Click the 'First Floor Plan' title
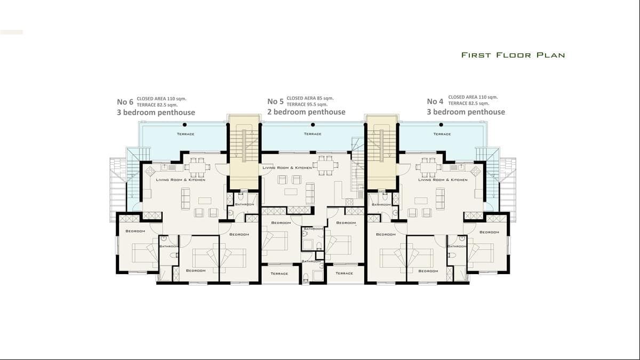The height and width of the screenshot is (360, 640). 513,55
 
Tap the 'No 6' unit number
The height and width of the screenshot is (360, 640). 125,102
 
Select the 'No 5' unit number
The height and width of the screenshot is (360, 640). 275,101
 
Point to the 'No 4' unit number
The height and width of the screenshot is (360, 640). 435,101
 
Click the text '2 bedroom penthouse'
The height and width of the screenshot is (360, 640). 306,112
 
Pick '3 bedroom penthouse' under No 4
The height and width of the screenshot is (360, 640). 466,112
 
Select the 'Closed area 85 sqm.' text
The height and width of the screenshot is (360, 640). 310,98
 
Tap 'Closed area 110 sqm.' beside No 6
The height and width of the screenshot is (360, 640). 162,99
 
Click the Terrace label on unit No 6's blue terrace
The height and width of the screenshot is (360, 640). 186,134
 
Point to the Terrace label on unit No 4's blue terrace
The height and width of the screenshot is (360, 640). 442,134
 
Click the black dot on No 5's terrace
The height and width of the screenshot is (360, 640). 313,125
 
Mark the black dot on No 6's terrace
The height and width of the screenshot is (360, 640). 185,125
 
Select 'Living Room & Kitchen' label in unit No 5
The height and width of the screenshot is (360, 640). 287,168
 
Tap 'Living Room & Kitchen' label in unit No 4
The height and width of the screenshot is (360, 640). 443,180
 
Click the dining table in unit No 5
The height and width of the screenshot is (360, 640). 324,165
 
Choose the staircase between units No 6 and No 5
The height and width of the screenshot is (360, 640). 244,144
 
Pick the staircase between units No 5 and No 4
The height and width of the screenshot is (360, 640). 381,144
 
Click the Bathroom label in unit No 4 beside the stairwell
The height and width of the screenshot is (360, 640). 381,204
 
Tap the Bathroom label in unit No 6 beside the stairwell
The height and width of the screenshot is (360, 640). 244,204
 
